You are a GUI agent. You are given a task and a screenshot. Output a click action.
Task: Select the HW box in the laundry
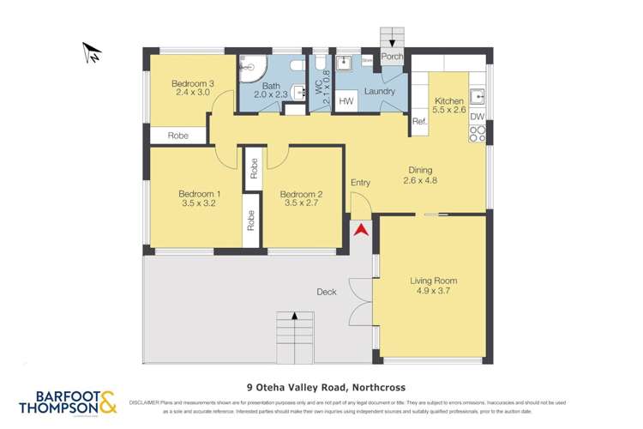tap(346, 102)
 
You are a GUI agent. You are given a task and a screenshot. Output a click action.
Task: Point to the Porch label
tap(393, 57)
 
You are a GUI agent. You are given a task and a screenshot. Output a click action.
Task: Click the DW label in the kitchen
tap(478, 117)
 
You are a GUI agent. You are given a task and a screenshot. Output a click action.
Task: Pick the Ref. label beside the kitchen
tap(419, 122)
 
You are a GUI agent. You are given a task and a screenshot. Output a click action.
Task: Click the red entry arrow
tap(361, 229)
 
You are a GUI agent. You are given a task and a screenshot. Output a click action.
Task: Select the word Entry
tap(361, 183)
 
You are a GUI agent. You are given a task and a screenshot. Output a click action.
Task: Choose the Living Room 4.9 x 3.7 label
tap(433, 286)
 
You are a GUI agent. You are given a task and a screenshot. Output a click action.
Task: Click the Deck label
tap(326, 292)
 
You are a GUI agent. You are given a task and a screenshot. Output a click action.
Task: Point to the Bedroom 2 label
tap(301, 199)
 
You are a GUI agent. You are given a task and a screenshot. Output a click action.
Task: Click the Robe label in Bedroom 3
tap(177, 136)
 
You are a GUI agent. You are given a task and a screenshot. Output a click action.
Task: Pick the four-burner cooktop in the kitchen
tap(478, 133)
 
